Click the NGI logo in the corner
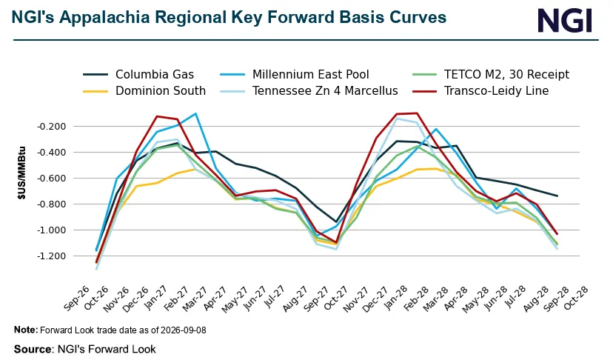coord(565,20)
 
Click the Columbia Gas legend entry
coord(138,74)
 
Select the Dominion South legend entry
coord(144,91)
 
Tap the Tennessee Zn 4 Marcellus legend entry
coord(309,91)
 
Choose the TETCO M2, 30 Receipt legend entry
coord(491,74)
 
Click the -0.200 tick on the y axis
coord(52,127)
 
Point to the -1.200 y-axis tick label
coord(52,256)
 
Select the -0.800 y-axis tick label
coord(52,204)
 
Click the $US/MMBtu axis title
coord(21,173)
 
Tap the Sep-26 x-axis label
coord(76,299)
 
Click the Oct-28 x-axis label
coord(575,299)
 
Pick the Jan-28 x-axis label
coord(395,299)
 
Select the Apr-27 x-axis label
coord(215,299)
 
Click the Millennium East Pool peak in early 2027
coord(195,113)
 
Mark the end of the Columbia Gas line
coord(557,196)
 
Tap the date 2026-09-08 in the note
coord(182,330)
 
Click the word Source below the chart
coord(33,349)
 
